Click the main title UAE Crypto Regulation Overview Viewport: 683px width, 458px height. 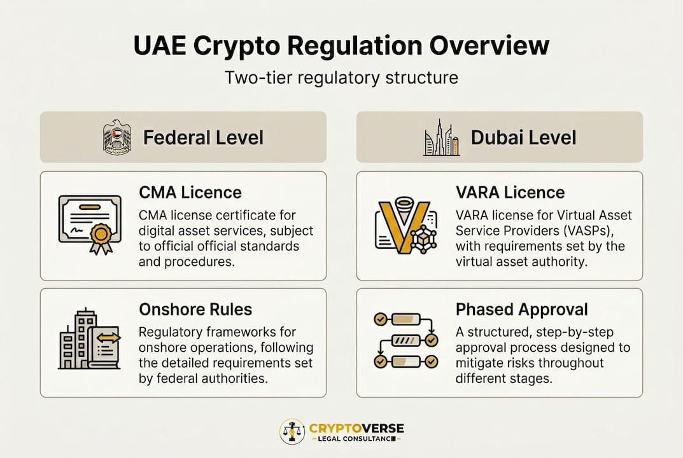(x=341, y=46)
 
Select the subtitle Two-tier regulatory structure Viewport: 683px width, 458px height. (x=341, y=78)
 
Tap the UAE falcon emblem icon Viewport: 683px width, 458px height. (x=116, y=137)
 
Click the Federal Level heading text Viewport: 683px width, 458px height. (x=204, y=137)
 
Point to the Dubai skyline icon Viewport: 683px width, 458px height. (x=442, y=137)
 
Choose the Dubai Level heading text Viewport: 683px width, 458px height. (x=524, y=137)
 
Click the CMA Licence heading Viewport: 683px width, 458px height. (x=190, y=193)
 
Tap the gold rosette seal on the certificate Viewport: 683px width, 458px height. (x=101, y=238)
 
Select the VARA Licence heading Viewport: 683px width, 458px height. (x=510, y=193)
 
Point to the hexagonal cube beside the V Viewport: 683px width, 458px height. (x=423, y=239)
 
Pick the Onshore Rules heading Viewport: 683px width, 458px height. (x=195, y=310)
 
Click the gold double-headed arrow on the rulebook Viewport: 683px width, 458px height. (x=108, y=338)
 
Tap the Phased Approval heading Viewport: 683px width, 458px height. (x=522, y=310)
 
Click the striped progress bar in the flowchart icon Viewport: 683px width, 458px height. (x=406, y=340)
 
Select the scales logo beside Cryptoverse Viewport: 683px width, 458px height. (x=292, y=431)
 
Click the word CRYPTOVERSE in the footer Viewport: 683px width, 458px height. (x=356, y=428)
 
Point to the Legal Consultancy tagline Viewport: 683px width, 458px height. (x=356, y=439)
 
